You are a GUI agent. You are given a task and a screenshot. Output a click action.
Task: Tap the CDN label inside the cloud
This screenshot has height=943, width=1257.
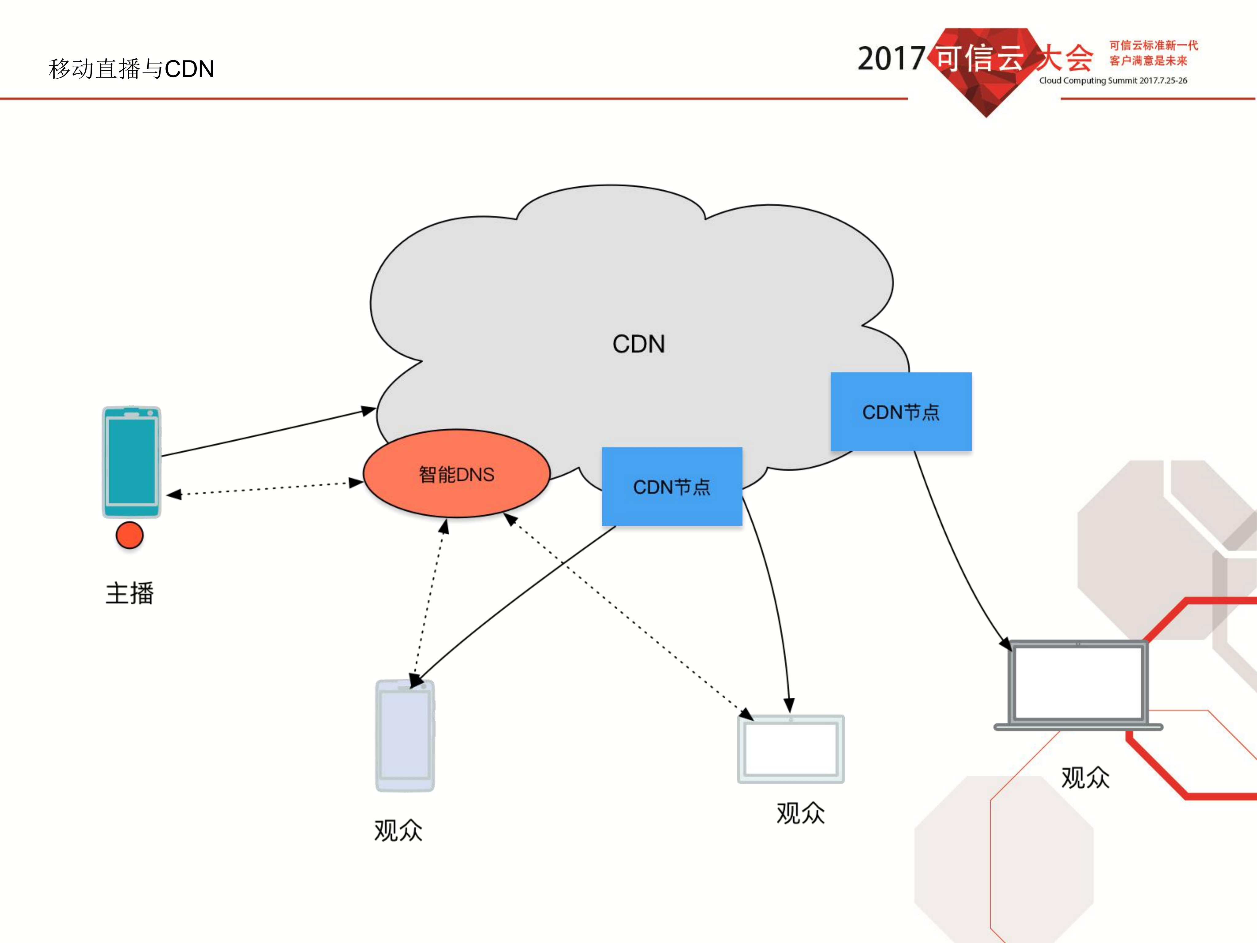coord(639,344)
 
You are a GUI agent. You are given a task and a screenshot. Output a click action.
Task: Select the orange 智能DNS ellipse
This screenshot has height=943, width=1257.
coord(456,473)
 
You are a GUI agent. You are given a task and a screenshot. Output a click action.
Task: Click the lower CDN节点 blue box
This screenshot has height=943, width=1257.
coord(672,487)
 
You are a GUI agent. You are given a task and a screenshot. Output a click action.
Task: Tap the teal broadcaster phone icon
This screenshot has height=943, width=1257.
coord(131,462)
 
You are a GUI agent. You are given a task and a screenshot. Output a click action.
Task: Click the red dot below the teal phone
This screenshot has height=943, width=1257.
coord(130,536)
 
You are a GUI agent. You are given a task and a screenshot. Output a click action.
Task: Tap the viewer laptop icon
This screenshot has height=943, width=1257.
coord(1078,685)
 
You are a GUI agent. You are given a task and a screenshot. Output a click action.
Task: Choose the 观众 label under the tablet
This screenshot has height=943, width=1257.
coord(800,813)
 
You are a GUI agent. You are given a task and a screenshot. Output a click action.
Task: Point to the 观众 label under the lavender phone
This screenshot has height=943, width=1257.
coord(398,830)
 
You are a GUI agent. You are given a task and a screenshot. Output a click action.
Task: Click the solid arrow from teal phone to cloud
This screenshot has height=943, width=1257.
coord(267,433)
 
